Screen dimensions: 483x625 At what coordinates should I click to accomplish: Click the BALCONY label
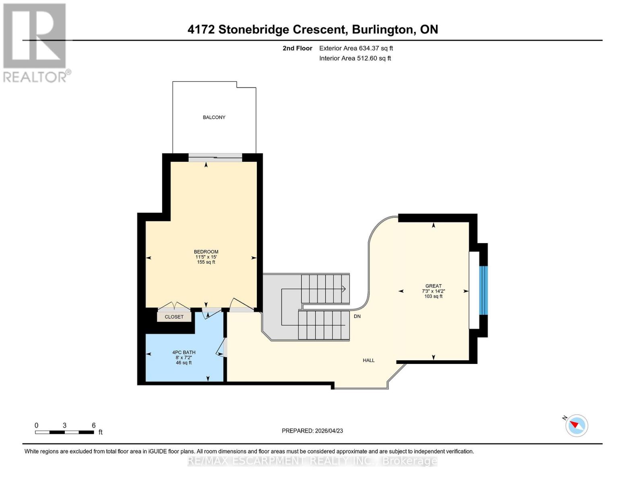[x=214, y=117]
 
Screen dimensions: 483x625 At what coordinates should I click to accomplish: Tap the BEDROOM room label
[x=206, y=252]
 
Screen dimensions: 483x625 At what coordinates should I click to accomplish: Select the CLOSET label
[x=174, y=317]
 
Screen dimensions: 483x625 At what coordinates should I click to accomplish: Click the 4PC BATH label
[x=184, y=352]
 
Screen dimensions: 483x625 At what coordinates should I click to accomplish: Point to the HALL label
[x=368, y=360]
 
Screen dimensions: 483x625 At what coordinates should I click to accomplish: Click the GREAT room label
[x=433, y=286]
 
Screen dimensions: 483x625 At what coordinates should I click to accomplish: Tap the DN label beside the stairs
[x=357, y=316]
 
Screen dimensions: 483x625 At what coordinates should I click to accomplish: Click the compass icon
[x=576, y=425]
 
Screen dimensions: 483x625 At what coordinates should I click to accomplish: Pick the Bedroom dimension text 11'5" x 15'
[x=206, y=257]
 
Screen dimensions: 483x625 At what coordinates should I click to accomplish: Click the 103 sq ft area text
[x=433, y=296]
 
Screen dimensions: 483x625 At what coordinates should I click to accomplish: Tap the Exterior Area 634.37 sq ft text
[x=356, y=48]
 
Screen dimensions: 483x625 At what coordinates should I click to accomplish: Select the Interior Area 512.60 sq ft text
[x=355, y=58]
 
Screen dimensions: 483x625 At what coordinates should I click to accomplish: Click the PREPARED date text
[x=312, y=431]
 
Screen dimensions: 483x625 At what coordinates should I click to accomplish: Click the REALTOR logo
[x=35, y=42]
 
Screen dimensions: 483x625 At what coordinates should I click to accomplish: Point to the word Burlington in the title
[x=382, y=29]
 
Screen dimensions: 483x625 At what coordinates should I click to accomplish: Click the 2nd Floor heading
[x=297, y=48]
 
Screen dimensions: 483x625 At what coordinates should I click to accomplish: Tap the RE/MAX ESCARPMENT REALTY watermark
[x=312, y=461]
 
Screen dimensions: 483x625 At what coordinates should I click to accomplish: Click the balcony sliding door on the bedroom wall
[x=215, y=158]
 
